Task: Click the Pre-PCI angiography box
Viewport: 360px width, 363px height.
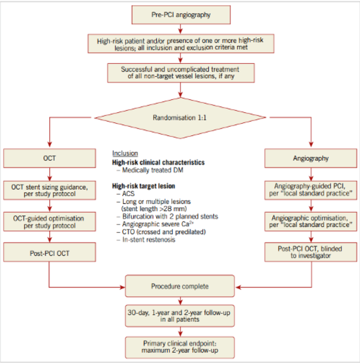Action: click(181, 15)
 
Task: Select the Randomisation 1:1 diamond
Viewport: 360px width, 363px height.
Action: click(180, 118)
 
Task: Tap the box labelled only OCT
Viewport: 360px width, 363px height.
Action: click(50, 158)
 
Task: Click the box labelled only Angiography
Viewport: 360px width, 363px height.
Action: click(311, 158)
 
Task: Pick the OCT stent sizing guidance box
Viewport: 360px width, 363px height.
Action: click(50, 190)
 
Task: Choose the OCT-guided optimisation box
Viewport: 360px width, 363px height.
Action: click(50, 222)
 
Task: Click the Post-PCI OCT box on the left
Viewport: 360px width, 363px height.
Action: click(50, 252)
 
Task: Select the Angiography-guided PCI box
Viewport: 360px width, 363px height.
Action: click(311, 190)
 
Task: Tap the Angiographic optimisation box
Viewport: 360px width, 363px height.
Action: click(311, 222)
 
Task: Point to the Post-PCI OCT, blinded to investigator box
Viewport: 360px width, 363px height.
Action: click(311, 252)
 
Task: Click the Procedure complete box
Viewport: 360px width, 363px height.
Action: click(180, 286)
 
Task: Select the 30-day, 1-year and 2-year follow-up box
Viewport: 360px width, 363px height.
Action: click(180, 316)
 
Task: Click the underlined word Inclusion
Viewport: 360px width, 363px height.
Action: click(125, 153)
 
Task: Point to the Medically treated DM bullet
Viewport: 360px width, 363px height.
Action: click(150, 170)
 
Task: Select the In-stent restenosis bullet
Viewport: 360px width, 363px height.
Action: click(146, 240)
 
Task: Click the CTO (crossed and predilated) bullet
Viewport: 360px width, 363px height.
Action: click(161, 232)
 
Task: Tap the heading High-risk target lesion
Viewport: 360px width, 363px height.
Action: click(144, 186)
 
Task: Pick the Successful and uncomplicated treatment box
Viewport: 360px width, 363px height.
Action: click(181, 73)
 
